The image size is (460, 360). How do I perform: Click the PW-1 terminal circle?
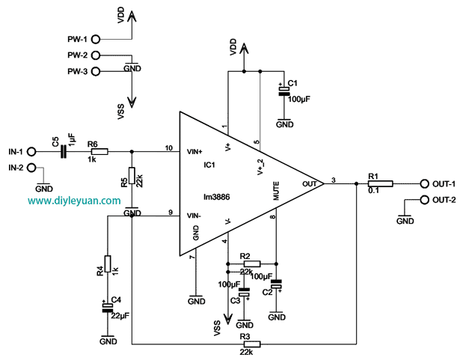click(x=97, y=40)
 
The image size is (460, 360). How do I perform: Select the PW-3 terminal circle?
click(x=97, y=70)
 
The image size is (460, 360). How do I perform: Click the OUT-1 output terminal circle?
click(x=424, y=183)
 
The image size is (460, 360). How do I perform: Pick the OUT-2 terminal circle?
click(x=424, y=200)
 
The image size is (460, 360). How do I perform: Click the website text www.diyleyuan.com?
click(x=74, y=201)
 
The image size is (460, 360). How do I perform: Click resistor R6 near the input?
click(x=97, y=152)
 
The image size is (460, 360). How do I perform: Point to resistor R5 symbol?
click(x=132, y=177)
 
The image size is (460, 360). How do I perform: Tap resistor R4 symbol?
click(x=108, y=263)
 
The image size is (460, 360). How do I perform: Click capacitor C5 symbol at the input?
click(x=63, y=152)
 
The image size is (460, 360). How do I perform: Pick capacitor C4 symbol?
click(x=108, y=307)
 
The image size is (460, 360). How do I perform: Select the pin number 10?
click(x=168, y=147)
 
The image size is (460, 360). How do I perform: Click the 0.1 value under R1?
click(x=374, y=191)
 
